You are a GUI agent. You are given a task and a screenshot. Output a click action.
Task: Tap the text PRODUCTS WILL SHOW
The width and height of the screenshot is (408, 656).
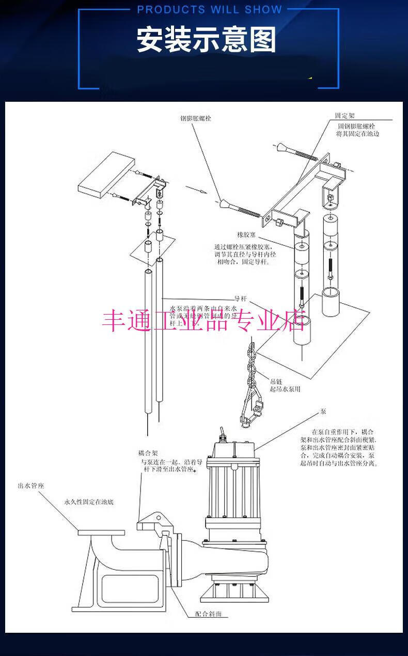(x=210, y=10)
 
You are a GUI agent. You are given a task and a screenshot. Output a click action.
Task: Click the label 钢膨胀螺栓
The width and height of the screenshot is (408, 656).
(x=195, y=118)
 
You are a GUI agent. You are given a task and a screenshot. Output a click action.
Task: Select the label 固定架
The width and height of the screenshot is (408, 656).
(x=345, y=116)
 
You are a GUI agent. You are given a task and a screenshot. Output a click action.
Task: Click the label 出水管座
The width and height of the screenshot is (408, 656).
(x=30, y=486)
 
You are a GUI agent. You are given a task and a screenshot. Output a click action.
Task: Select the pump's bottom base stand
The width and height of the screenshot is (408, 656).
(x=235, y=591)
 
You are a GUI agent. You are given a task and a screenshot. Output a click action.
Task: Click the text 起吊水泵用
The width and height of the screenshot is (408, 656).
(x=285, y=388)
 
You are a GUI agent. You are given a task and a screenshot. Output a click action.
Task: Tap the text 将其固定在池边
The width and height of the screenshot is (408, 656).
(x=358, y=134)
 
